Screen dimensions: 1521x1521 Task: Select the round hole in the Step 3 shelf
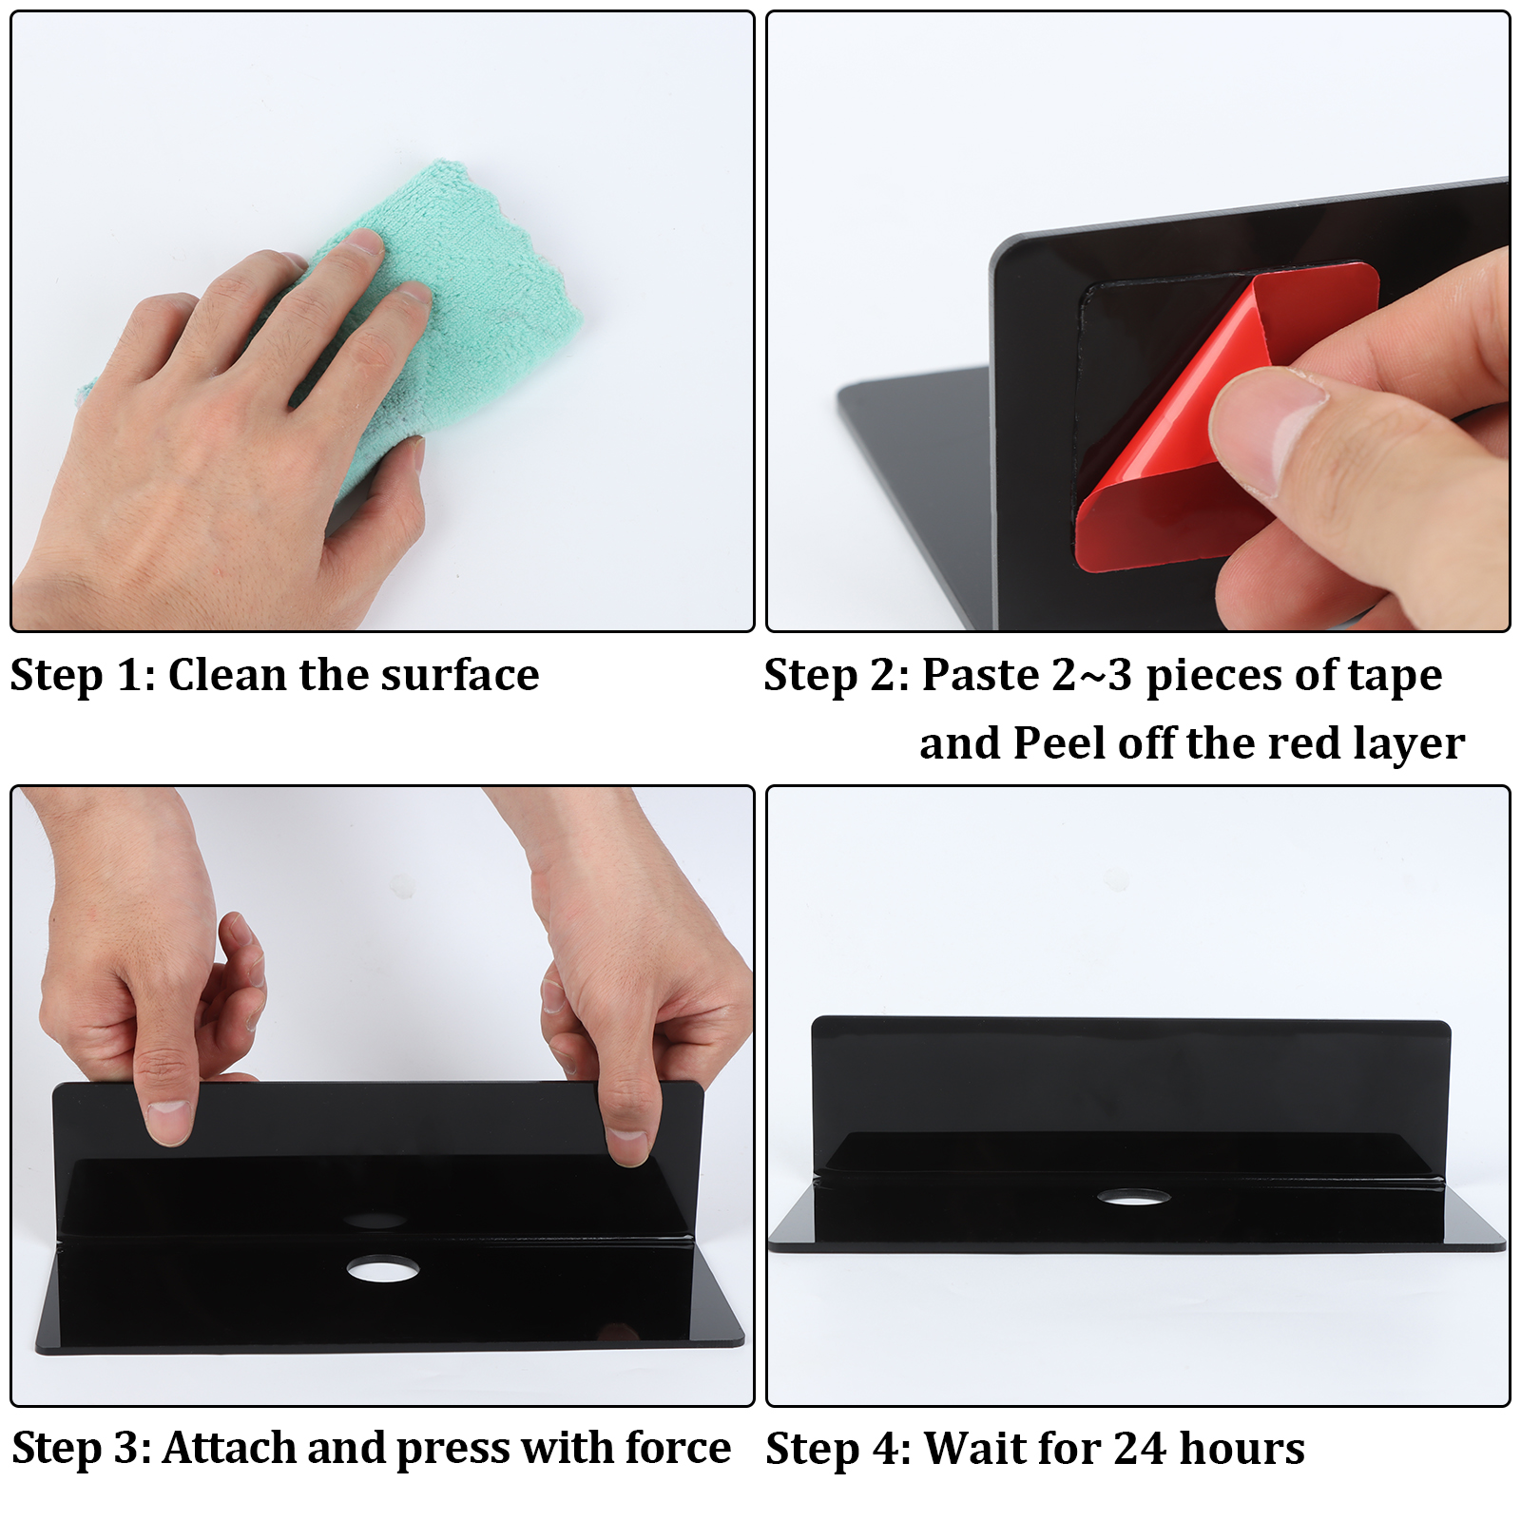click(x=382, y=1268)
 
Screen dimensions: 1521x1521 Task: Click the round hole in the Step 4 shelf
click(x=1133, y=1197)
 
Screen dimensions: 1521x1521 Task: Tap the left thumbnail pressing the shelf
click(x=168, y=1122)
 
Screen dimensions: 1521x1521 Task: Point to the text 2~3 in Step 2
click(x=1092, y=676)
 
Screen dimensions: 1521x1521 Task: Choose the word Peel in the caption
click(x=1060, y=743)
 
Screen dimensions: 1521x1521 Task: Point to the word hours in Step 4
click(x=1242, y=1449)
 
